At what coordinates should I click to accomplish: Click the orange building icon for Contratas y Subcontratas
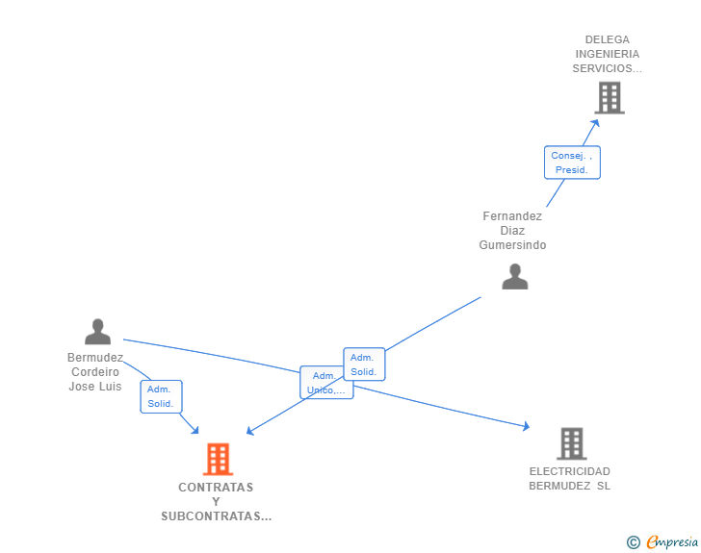click(x=219, y=459)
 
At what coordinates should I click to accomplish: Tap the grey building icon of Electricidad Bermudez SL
click(x=572, y=443)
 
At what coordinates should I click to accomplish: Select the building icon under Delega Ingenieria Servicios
click(x=610, y=97)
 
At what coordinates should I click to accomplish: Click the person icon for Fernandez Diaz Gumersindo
click(x=515, y=277)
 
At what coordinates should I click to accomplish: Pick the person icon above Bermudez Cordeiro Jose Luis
click(x=97, y=332)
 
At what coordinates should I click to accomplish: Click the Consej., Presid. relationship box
click(x=572, y=163)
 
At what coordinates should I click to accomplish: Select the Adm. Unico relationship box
click(x=326, y=383)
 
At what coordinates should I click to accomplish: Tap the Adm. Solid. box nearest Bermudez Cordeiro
click(x=161, y=396)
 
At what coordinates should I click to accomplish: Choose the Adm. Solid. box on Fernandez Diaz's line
click(x=364, y=364)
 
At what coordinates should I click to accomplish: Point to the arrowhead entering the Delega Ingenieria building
click(x=596, y=122)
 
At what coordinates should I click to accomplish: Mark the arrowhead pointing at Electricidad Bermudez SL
click(x=526, y=426)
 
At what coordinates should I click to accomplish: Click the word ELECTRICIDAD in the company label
click(x=570, y=471)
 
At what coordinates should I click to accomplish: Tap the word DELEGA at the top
click(x=607, y=39)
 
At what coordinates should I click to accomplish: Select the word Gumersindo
click(x=512, y=245)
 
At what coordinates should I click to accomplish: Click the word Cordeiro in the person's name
click(x=95, y=371)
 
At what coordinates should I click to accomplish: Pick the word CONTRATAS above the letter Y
click(x=216, y=488)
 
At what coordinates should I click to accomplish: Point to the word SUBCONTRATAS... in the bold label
click(x=217, y=516)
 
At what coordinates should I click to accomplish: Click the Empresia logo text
click(x=672, y=541)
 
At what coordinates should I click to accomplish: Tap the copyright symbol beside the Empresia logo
click(x=634, y=542)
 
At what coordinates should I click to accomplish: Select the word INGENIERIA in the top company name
click(x=607, y=54)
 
